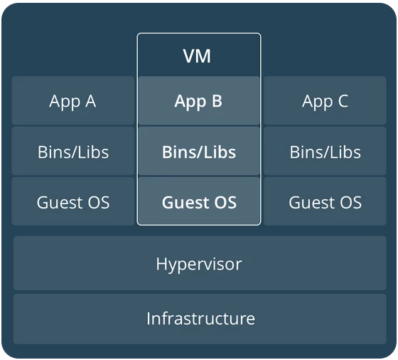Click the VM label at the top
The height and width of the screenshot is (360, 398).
(197, 56)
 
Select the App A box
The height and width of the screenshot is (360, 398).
(72, 100)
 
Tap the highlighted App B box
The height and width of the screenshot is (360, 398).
(199, 100)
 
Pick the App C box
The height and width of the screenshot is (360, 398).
(325, 100)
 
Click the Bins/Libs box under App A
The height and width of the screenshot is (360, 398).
(72, 151)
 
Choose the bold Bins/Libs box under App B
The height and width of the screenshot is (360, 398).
(199, 151)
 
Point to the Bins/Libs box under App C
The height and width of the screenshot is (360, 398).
(325, 151)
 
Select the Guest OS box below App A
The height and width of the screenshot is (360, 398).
(72, 201)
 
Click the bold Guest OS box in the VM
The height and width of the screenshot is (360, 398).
(199, 201)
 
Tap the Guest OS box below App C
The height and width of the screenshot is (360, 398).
(325, 201)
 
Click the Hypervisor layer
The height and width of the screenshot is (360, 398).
(200, 263)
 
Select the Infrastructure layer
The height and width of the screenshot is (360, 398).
(200, 319)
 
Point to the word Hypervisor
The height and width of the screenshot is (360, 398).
(199, 265)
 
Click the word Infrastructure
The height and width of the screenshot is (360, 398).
(200, 318)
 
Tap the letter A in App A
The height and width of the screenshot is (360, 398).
(91, 101)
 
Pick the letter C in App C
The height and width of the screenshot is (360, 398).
(343, 101)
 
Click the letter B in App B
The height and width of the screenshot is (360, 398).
(217, 101)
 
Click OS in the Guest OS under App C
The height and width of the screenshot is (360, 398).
(351, 203)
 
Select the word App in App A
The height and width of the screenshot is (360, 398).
(65, 102)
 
